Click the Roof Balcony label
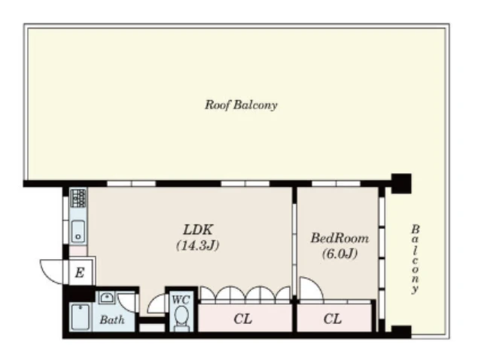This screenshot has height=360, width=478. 241,105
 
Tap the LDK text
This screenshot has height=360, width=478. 198,230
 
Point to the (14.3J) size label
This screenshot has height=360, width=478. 198,246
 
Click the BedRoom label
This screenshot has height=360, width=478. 339,238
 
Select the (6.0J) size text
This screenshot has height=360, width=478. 339,254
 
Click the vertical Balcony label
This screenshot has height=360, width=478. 415,259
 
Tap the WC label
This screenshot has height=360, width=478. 181,299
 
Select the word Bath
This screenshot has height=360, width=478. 112,320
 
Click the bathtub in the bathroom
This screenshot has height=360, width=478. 80,317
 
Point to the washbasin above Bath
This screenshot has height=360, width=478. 106,297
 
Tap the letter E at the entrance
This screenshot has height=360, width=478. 80,273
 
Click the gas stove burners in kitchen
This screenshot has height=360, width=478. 78,198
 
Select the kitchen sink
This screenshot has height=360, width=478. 78,231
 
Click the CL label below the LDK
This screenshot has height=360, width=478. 243,319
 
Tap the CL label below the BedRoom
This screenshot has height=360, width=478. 333,319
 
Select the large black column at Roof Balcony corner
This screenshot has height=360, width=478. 401,183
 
